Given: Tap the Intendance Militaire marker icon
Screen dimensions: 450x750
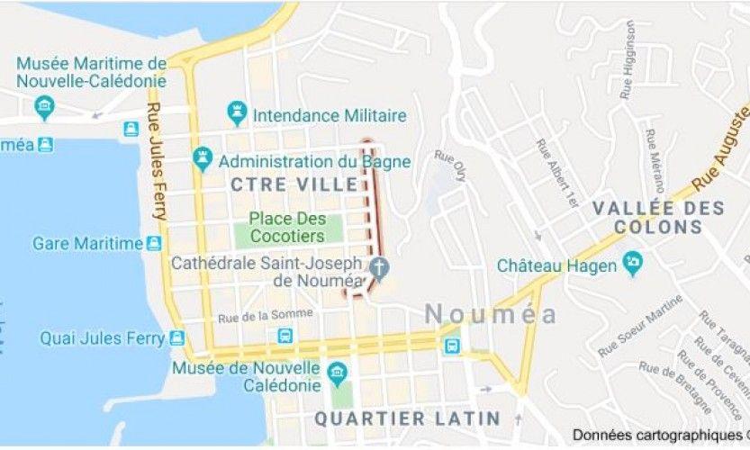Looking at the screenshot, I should tap(237, 114).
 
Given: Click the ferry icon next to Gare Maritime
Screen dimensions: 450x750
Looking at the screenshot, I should tap(154, 243).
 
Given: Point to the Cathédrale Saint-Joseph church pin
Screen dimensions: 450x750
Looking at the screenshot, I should tap(379, 268).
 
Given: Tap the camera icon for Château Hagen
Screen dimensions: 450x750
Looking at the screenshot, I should tap(633, 265).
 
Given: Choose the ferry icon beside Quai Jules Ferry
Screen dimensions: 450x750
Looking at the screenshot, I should tap(176, 338).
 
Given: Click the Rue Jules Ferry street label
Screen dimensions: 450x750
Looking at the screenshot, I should tap(155, 162).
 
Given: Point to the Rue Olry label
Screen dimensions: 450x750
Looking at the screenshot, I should tap(450, 166).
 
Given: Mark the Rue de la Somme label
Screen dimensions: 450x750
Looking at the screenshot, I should tap(265, 315).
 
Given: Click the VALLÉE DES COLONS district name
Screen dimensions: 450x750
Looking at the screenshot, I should tap(658, 217).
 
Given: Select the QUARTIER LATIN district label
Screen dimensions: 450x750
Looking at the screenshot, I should tap(406, 418).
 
